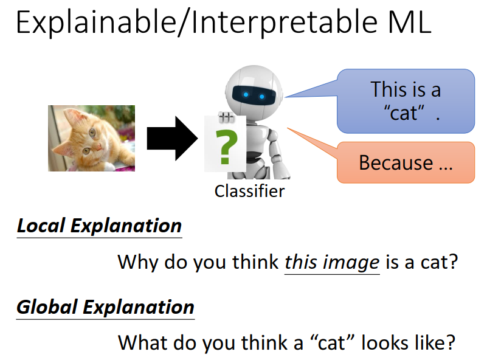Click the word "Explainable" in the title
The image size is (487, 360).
[x=96, y=23]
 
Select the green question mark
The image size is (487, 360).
[x=226, y=147]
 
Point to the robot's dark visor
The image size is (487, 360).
[x=254, y=95]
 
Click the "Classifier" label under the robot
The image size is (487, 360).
[x=249, y=191]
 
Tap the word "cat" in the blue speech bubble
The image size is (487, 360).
[x=404, y=112]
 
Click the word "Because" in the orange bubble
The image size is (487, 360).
[x=396, y=162]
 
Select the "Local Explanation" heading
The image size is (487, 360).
[x=99, y=226]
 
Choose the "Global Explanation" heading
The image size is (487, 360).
[x=105, y=308]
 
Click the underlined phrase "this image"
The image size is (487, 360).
[x=332, y=263]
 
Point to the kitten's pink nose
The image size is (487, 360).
[x=97, y=147]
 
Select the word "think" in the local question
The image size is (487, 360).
[x=255, y=262]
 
